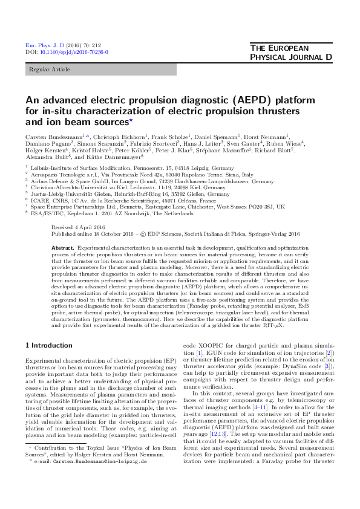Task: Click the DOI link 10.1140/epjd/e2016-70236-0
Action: click(75, 53)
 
